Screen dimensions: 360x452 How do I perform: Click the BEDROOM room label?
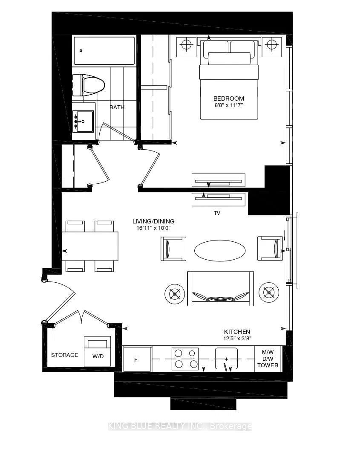229,99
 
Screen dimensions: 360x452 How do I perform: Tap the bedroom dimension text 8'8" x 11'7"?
229,105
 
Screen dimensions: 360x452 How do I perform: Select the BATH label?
117,107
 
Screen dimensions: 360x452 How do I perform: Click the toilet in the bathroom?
89,85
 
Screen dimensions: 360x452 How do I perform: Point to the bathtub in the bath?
104,51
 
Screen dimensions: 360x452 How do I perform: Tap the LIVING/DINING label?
153,221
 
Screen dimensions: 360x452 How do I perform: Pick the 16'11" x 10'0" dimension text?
154,228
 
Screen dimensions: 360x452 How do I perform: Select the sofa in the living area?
221,289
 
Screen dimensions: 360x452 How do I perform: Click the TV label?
217,213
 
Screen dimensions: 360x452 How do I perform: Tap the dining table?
90,246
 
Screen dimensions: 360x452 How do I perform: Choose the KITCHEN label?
237,332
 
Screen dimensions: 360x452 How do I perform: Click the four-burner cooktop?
185,359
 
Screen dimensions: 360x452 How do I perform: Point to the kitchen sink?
226,359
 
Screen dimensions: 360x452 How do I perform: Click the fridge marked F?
137,359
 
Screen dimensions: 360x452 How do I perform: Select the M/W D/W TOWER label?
268,359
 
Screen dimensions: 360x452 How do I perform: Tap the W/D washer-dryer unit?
97,351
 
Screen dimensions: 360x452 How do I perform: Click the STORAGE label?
64,355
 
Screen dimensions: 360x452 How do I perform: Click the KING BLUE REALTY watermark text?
180,426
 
